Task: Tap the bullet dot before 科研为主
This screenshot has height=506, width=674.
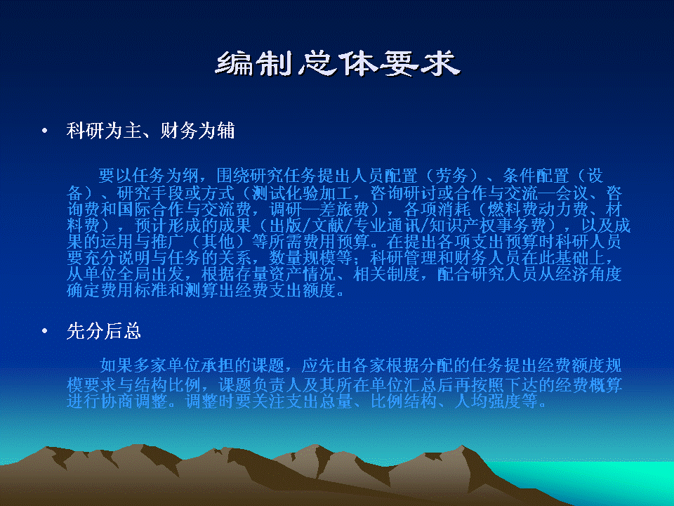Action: click(x=44, y=131)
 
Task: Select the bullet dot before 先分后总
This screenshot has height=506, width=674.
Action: click(x=44, y=331)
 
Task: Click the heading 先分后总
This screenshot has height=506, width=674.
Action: click(x=104, y=331)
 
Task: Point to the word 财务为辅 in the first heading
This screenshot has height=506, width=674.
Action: click(x=197, y=131)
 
